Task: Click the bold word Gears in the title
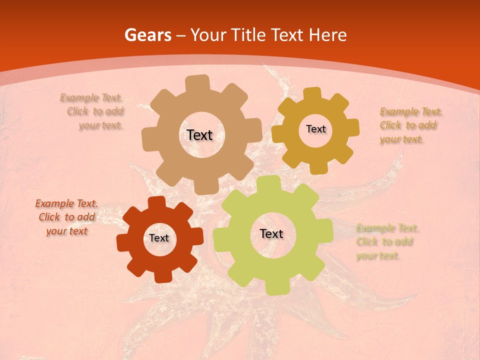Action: tap(148, 35)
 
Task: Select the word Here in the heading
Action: tap(327, 35)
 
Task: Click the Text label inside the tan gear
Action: tap(199, 135)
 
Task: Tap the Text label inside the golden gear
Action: tap(315, 129)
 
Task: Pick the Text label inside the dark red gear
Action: tap(159, 238)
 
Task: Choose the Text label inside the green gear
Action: tap(271, 234)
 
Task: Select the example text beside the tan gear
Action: tap(94, 111)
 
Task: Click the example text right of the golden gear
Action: tap(410, 125)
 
